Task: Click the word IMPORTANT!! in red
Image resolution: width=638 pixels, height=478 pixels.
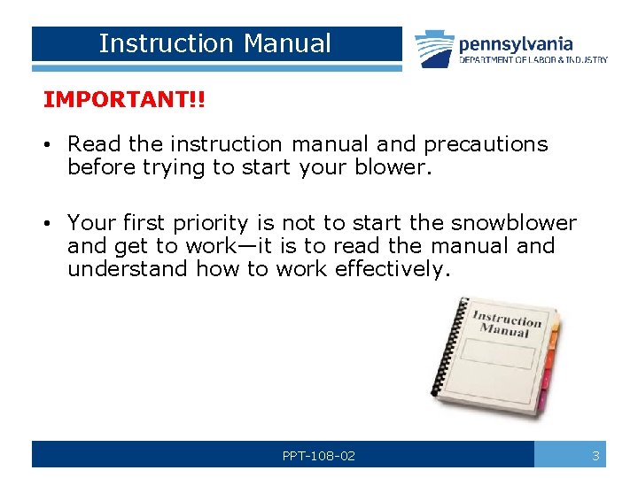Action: pyautogui.click(x=123, y=99)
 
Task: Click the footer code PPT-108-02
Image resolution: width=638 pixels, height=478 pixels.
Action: pyautogui.click(x=319, y=456)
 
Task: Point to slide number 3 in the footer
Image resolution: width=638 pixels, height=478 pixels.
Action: pyautogui.click(x=595, y=456)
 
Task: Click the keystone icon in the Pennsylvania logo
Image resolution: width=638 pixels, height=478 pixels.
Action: pyautogui.click(x=435, y=50)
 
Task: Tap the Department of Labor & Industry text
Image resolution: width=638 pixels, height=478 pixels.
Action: pyautogui.click(x=533, y=60)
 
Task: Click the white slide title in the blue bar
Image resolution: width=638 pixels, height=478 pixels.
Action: pyautogui.click(x=215, y=43)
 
